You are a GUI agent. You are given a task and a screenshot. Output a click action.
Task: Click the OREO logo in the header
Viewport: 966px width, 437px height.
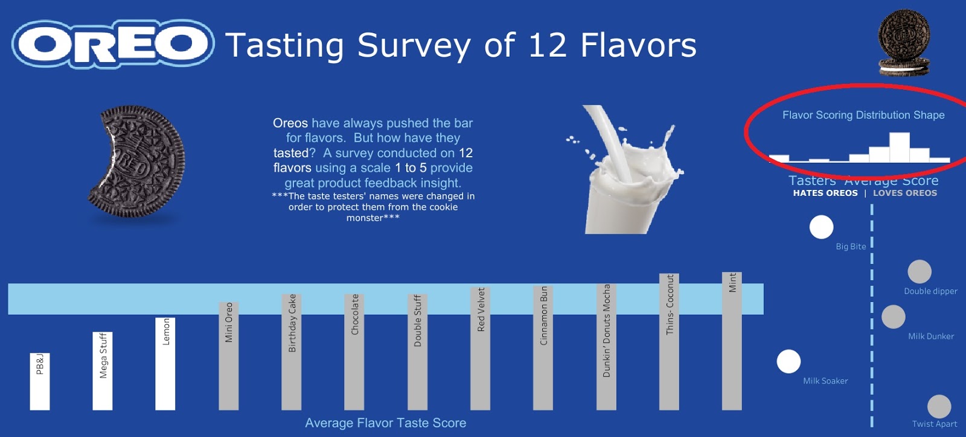click(113, 43)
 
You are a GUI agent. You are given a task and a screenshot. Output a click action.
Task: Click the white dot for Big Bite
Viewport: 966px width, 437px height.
click(821, 227)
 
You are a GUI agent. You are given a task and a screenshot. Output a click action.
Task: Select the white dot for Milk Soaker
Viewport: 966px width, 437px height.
click(788, 362)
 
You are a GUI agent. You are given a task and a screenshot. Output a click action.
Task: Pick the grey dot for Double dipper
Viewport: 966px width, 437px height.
click(920, 272)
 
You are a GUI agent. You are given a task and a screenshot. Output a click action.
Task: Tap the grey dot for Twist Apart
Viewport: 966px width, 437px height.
click(939, 406)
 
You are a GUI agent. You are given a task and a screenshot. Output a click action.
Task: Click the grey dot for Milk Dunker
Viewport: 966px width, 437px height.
click(894, 317)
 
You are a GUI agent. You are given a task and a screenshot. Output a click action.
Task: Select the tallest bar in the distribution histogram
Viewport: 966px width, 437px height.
click(900, 148)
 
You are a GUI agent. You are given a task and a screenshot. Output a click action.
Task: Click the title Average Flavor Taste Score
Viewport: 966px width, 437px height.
click(385, 423)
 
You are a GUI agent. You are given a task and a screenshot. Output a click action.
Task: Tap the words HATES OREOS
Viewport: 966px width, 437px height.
click(825, 193)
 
